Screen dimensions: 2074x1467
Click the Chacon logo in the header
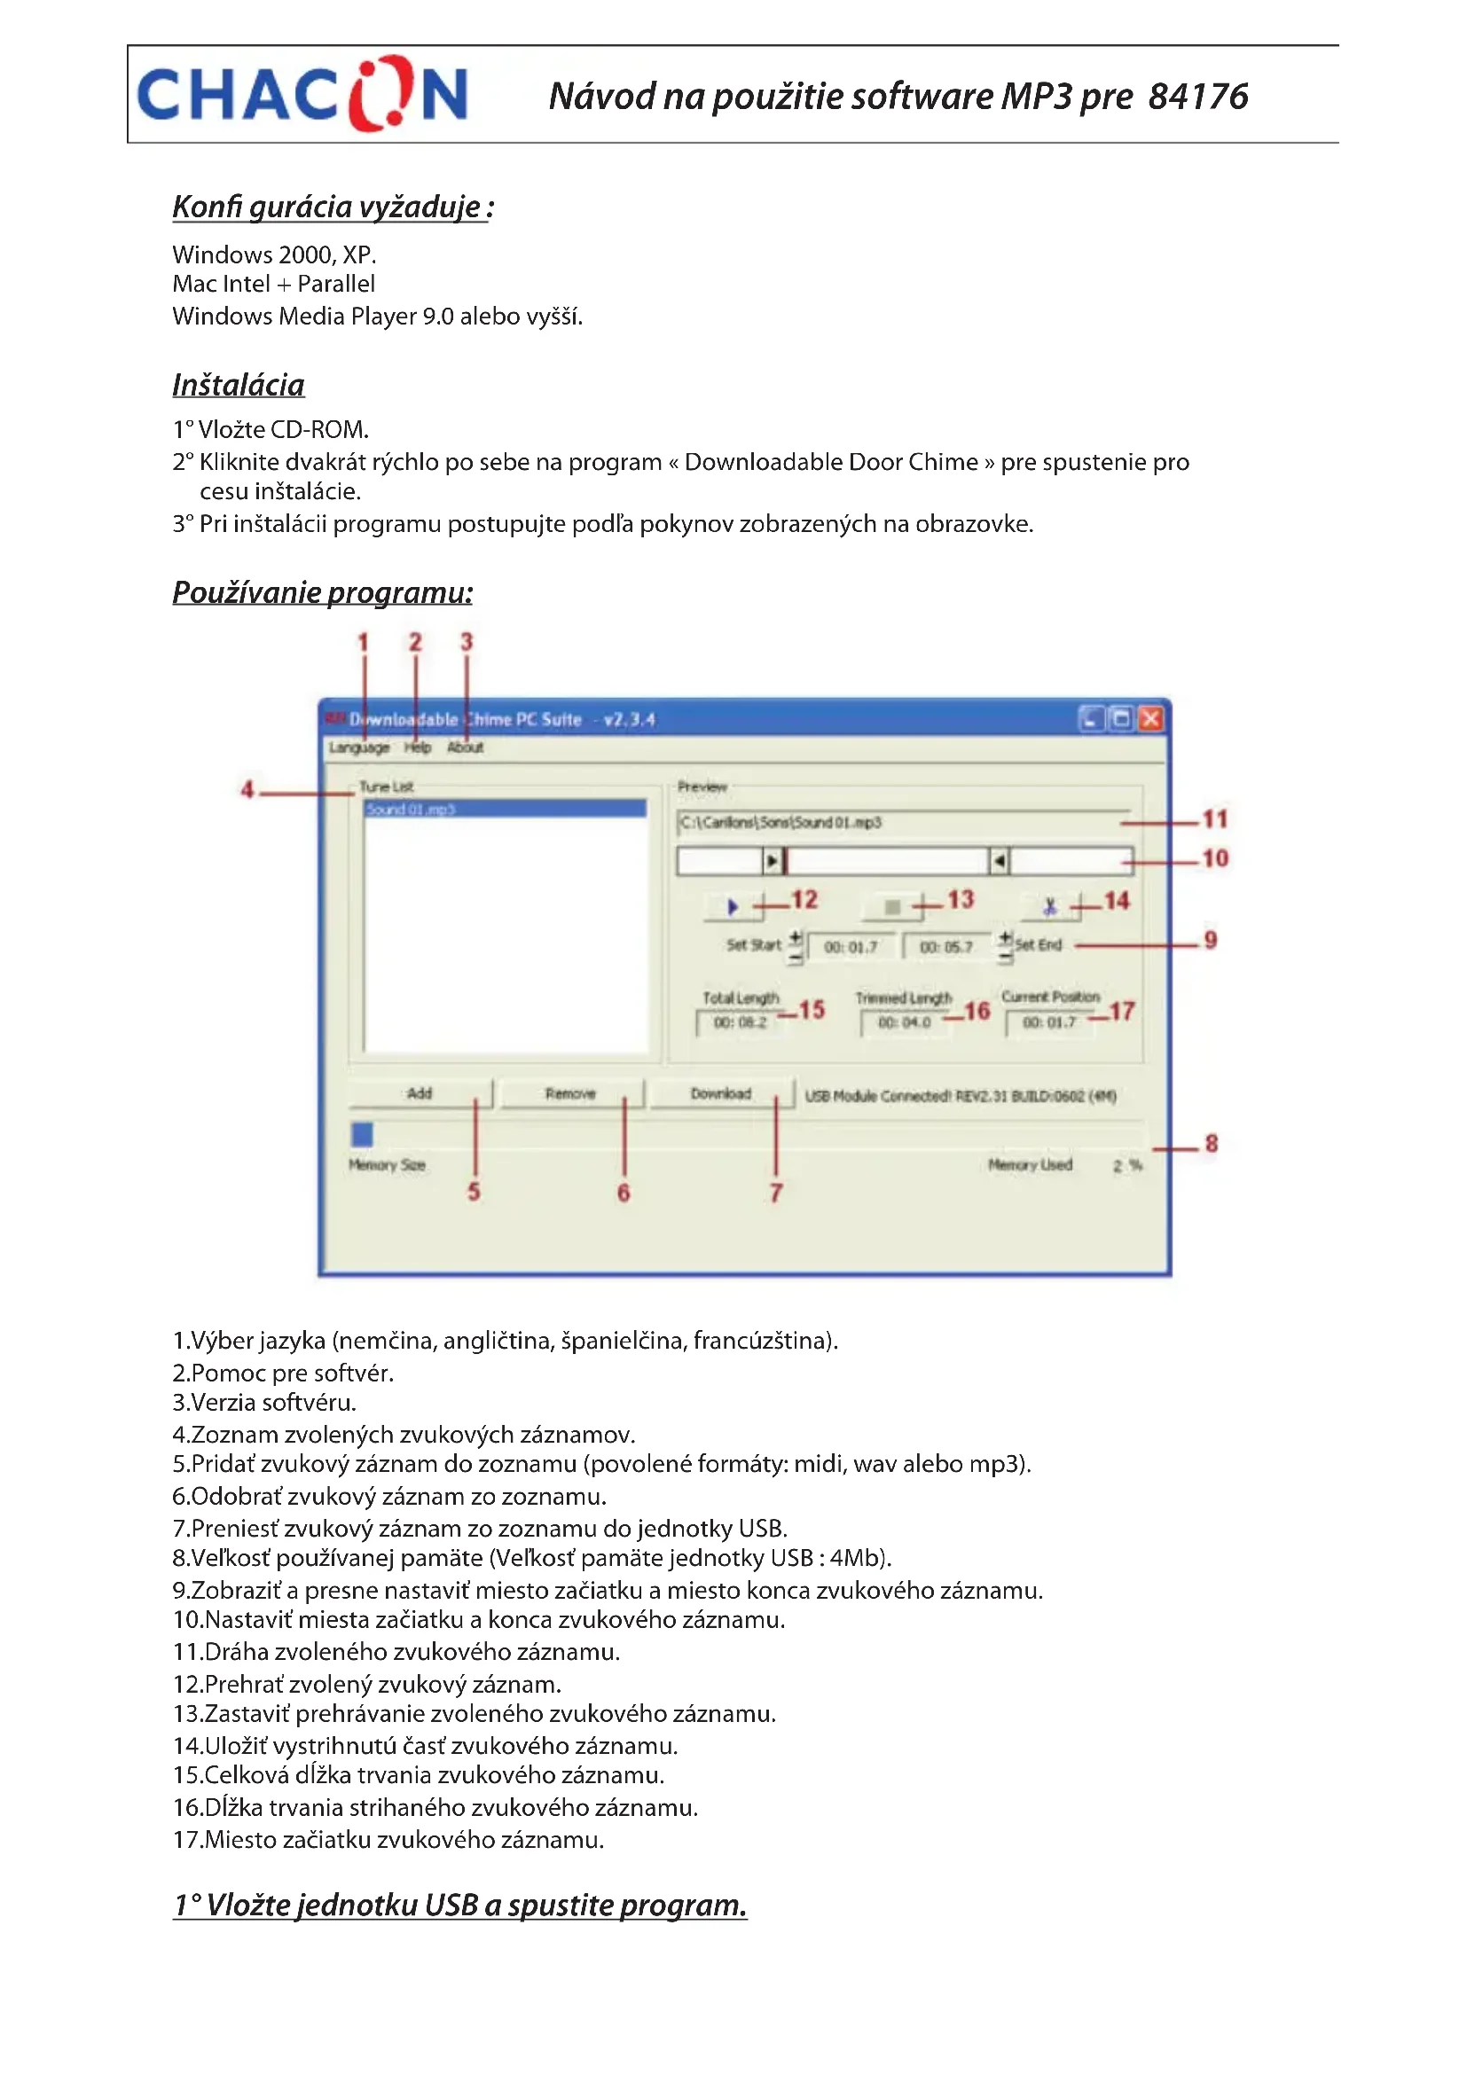pos(302,94)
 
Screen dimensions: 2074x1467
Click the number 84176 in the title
pos(1197,97)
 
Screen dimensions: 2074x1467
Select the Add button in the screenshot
pos(420,1094)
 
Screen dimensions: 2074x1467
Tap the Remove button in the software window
pos(570,1094)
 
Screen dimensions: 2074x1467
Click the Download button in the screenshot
pos(720,1094)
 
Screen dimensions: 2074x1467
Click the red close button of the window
pos(1151,719)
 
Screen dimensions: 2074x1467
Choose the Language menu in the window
pos(358,748)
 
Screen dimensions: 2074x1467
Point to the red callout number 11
pos(1215,819)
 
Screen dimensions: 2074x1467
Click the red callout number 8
pos(1212,1144)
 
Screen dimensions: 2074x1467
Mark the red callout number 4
pos(247,789)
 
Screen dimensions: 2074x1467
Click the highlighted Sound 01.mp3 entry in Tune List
pos(504,810)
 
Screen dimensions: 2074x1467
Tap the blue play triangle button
pos(733,906)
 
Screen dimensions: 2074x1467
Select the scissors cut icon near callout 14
pos(1049,906)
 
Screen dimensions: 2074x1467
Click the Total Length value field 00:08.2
pos(740,1022)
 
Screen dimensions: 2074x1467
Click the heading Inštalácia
pos(239,386)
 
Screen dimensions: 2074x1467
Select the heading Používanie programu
pos(323,592)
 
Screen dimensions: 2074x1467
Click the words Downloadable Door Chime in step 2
pos(831,463)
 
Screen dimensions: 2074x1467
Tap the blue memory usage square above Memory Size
pos(362,1134)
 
